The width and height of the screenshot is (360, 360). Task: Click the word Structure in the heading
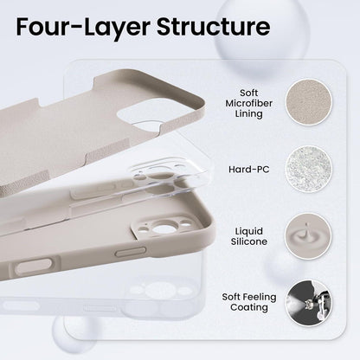(x=213, y=27)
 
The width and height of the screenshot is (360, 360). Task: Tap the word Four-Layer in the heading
(x=83, y=28)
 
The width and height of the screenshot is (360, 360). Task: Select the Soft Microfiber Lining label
(x=248, y=103)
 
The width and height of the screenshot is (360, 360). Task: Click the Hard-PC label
(x=249, y=169)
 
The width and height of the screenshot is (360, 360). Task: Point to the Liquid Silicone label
(x=249, y=236)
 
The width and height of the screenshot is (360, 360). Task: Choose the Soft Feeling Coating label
(x=249, y=302)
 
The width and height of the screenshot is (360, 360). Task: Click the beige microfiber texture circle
(x=309, y=103)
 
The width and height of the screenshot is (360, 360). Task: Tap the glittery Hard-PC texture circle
(x=309, y=169)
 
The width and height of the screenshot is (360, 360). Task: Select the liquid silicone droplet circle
(x=309, y=236)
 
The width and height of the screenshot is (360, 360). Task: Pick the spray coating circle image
(x=309, y=303)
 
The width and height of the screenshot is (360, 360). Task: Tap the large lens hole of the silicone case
(x=162, y=228)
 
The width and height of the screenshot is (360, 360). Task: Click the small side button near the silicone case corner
(x=131, y=252)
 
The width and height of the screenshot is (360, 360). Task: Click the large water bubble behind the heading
(x=261, y=35)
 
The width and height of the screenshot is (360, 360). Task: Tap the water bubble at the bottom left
(x=74, y=335)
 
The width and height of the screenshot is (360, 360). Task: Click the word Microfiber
(x=248, y=103)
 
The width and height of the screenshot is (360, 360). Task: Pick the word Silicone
(x=249, y=241)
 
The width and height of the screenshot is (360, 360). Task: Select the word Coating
(x=249, y=307)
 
